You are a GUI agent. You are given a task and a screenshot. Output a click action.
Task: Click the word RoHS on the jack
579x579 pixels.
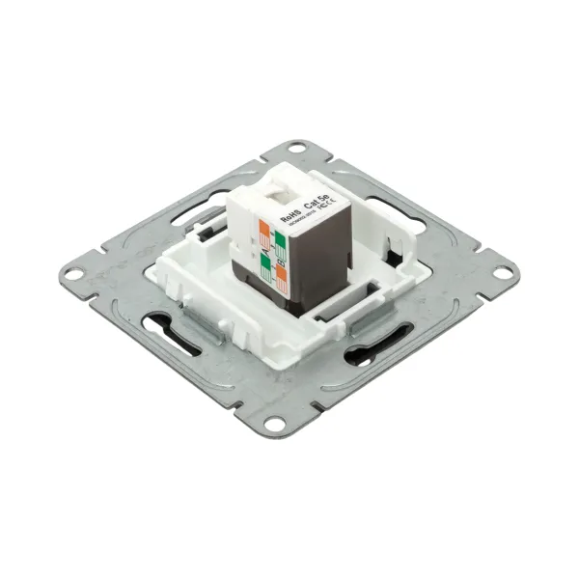tap(289, 217)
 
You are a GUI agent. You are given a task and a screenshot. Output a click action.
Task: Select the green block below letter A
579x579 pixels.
tap(264, 264)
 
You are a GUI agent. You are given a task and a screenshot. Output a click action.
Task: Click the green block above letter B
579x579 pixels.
tap(279, 238)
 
